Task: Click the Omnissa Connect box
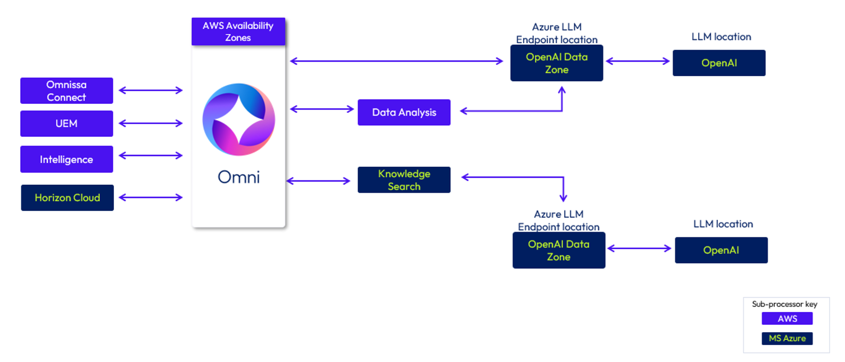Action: [67, 90]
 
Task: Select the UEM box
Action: [67, 124]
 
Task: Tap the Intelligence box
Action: [67, 159]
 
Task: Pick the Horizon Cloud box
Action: [68, 198]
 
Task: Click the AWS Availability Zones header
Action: [238, 32]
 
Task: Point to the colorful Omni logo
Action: [239, 120]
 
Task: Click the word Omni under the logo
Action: [239, 177]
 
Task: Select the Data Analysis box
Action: [404, 112]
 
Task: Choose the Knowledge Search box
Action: [404, 180]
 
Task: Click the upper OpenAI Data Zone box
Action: [557, 63]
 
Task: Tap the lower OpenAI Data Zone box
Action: [559, 250]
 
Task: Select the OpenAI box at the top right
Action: [719, 63]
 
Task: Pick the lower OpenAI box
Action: [721, 250]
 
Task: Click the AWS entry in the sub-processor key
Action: [788, 318]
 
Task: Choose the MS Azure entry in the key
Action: [788, 338]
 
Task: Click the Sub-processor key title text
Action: [785, 305]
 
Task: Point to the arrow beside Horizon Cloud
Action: [151, 198]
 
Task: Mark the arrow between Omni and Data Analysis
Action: [322, 109]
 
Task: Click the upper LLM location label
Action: [721, 37]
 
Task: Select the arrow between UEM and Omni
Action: [151, 123]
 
